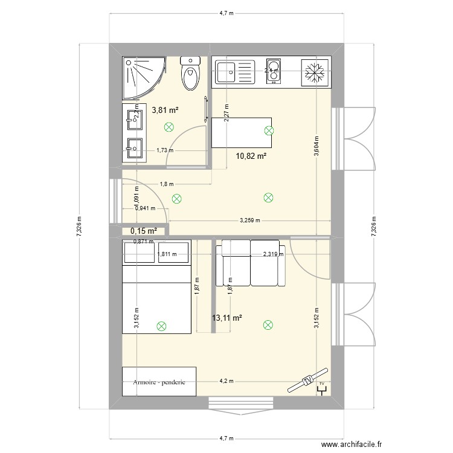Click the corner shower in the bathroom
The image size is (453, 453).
(143, 77)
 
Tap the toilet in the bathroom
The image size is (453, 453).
(191, 73)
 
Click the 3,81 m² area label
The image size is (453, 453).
(165, 111)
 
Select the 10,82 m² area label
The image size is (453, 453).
(251, 156)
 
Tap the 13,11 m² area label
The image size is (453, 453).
(226, 318)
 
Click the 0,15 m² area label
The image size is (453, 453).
(143, 231)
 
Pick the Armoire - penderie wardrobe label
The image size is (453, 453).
(159, 382)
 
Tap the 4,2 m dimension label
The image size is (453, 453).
(227, 382)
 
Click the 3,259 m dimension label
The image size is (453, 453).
(249, 220)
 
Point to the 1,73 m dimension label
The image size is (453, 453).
(164, 150)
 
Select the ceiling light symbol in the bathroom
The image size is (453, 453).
(169, 126)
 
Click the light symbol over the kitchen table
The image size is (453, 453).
(269, 130)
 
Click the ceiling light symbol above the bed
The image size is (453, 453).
(161, 326)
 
